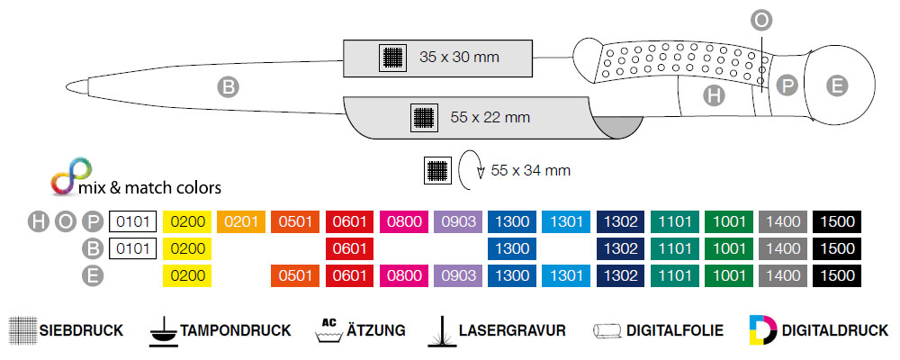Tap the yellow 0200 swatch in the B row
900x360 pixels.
(x=186, y=249)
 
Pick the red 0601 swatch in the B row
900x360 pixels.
(x=350, y=249)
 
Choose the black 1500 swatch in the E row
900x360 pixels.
(x=838, y=276)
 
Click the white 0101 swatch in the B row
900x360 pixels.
(x=132, y=249)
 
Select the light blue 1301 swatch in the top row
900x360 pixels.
(x=566, y=221)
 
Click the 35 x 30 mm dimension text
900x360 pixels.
(x=459, y=58)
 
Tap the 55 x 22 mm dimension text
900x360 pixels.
(x=490, y=117)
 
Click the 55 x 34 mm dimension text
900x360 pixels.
(x=532, y=170)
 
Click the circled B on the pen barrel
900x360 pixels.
(x=228, y=87)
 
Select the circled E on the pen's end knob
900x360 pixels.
(x=837, y=86)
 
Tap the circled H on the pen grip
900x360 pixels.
(x=714, y=94)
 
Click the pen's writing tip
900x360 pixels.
(x=82, y=87)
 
